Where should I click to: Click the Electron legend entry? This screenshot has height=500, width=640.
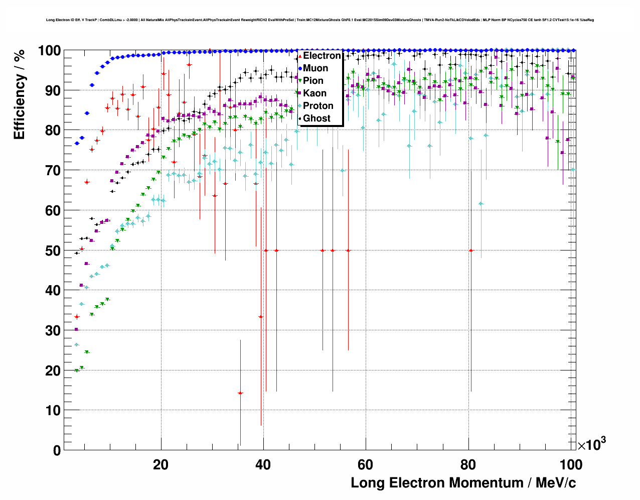322,56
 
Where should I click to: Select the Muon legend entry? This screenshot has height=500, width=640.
315,68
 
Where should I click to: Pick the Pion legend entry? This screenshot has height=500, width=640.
313,81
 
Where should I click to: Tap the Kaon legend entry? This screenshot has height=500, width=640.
314,93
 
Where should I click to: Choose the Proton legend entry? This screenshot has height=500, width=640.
318,106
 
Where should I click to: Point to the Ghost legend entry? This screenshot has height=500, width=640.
316,118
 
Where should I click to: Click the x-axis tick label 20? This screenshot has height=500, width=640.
161,465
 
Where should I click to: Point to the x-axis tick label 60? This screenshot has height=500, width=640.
366,465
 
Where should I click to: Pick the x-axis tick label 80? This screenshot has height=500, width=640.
468,465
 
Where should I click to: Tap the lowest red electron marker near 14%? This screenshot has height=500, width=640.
240,393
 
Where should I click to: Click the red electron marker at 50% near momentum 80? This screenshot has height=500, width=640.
471,250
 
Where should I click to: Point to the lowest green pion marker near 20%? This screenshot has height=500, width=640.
77,370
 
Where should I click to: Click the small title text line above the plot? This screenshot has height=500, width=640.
320,20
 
